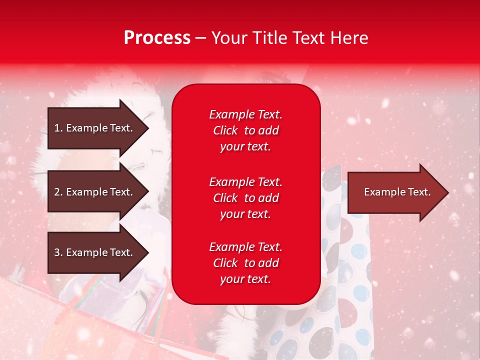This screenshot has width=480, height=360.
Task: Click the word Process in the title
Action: click(157, 38)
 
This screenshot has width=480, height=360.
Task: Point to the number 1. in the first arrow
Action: click(58, 128)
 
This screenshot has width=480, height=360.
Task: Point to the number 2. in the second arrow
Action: click(58, 192)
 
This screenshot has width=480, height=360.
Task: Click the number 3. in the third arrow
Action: click(58, 252)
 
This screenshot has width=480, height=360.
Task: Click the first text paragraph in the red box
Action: click(245, 130)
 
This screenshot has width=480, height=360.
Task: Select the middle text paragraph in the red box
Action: click(245, 198)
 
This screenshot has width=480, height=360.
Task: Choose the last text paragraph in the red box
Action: click(245, 263)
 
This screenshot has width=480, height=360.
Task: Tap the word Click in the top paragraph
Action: click(225, 130)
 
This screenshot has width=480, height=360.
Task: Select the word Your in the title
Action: click(228, 38)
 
